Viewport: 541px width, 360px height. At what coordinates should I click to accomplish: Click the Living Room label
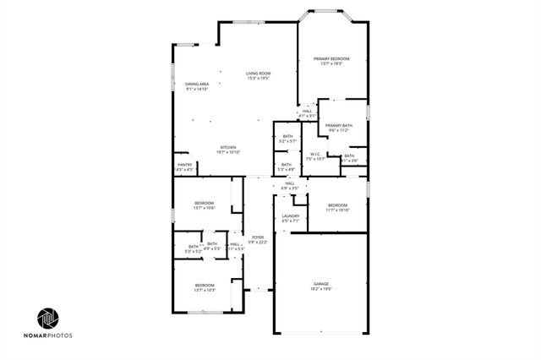pyautogui.click(x=257, y=73)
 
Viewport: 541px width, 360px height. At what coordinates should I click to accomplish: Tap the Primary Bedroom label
pyautogui.click(x=331, y=58)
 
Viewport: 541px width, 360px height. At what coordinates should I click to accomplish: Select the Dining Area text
pyautogui.click(x=197, y=84)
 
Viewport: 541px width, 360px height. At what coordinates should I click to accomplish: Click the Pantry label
pyautogui.click(x=184, y=164)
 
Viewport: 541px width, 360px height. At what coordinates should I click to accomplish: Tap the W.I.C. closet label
pyautogui.click(x=314, y=154)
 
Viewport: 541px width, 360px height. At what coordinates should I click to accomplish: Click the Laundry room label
pyautogui.click(x=291, y=215)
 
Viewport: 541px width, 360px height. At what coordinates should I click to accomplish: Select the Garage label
pyautogui.click(x=321, y=283)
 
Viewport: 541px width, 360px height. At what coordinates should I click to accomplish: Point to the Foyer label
pyautogui.click(x=258, y=237)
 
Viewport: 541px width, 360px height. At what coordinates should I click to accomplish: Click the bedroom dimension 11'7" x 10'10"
pyautogui.click(x=337, y=210)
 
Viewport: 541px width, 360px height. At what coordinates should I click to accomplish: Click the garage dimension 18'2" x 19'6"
pyautogui.click(x=321, y=289)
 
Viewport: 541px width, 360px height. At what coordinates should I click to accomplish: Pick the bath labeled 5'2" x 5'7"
pyautogui.click(x=287, y=140)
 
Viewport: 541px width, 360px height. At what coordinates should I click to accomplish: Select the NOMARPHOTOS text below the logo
pyautogui.click(x=49, y=335)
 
